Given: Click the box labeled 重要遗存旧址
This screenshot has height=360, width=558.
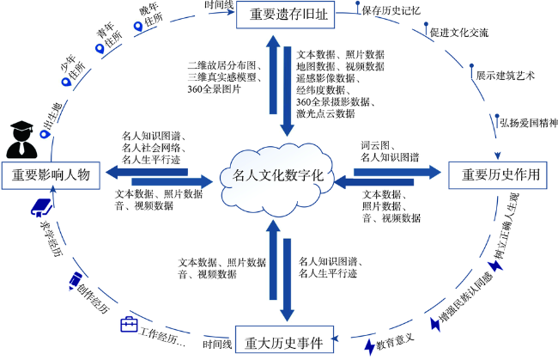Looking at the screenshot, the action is (x=285, y=15).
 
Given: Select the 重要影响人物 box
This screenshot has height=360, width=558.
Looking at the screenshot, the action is (x=51, y=175).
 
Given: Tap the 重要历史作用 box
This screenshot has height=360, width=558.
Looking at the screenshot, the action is (x=498, y=174).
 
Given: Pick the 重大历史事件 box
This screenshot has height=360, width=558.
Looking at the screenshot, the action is (x=284, y=339).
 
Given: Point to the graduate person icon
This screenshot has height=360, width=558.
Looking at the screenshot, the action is (x=21, y=139).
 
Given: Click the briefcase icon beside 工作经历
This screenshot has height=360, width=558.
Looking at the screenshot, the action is (x=129, y=325).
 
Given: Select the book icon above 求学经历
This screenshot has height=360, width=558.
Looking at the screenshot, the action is (x=41, y=208).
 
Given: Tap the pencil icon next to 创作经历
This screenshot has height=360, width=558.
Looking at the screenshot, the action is (x=75, y=281).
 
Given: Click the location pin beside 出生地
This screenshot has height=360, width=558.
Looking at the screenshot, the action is (x=45, y=135).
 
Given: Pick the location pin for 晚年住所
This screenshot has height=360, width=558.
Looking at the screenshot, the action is (x=138, y=27).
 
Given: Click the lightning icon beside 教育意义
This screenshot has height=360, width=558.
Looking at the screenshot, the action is (x=370, y=346).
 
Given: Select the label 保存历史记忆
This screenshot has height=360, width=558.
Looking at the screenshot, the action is (x=391, y=10).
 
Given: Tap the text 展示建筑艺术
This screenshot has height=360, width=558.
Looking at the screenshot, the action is (x=506, y=75).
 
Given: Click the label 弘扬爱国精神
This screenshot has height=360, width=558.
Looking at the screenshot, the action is (x=529, y=123).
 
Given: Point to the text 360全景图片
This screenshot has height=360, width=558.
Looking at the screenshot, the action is (x=215, y=89).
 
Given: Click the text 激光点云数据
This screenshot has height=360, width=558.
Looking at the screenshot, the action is (x=325, y=113).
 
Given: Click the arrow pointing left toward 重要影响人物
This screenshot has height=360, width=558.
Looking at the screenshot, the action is (x=147, y=173).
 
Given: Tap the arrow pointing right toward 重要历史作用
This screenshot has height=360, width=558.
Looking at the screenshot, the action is (x=397, y=173).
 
